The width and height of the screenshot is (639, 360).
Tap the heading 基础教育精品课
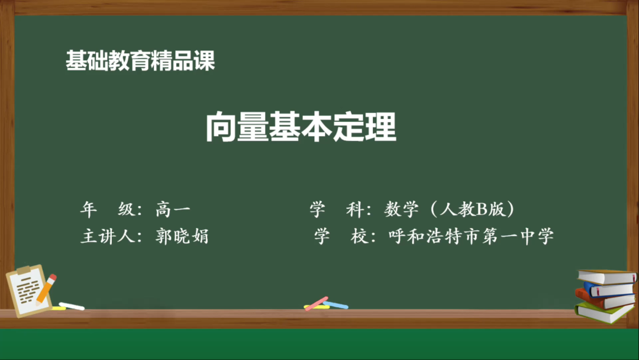tap(140, 61)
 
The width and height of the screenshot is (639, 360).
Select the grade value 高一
tap(173, 209)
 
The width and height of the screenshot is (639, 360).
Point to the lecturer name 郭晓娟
tap(182, 237)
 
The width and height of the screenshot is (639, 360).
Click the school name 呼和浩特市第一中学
tap(471, 237)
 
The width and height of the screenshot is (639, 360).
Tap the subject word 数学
tap(402, 209)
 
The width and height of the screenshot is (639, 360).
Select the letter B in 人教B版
tap(481, 209)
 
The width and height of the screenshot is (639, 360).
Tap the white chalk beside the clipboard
tap(72, 306)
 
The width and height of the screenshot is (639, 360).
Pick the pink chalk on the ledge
tap(317, 303)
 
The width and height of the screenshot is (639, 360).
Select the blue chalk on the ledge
tap(335, 305)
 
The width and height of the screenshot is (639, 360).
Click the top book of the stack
tap(606, 276)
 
